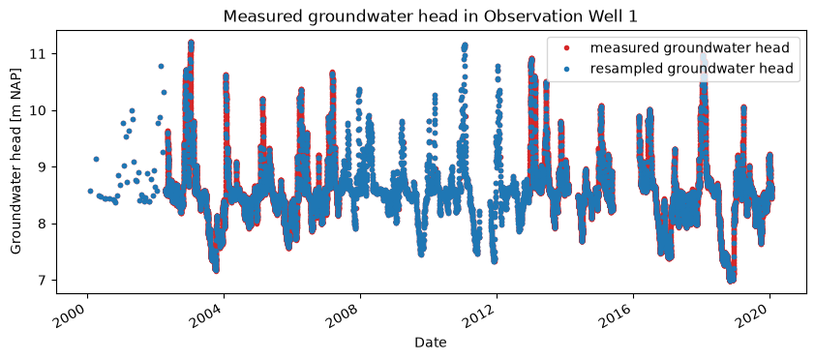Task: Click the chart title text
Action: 430,16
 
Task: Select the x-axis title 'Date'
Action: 430,343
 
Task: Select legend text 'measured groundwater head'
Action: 690,48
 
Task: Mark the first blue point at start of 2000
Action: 90,192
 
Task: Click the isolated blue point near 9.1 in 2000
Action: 96,159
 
